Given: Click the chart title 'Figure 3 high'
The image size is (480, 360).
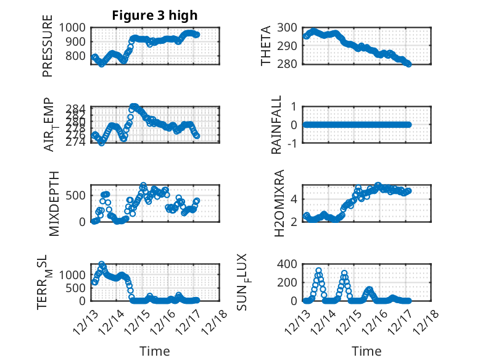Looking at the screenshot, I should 155,15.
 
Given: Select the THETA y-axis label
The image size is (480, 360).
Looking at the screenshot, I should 266,46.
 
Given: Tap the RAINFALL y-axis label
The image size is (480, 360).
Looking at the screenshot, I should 276,125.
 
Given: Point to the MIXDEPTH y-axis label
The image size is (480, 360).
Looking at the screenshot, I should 53,203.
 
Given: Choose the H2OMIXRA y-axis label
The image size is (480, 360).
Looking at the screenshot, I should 279,203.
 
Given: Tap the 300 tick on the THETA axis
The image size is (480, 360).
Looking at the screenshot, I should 289,27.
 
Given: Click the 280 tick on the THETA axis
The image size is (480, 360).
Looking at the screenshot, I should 289,64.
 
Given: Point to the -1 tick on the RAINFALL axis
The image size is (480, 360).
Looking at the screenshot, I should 292,143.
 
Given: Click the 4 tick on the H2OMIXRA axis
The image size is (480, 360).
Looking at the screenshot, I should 295,199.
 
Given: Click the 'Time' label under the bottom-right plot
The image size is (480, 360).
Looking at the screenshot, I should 366,351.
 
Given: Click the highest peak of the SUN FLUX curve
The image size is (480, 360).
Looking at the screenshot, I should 319,270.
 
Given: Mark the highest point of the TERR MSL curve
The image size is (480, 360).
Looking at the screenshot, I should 102,264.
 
